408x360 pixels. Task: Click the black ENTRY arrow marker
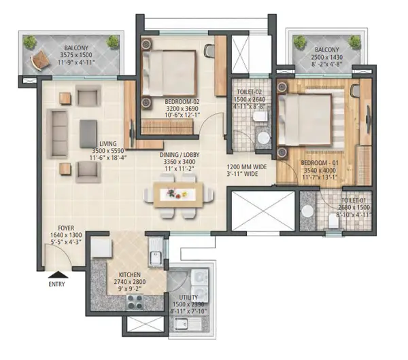coord(58,274)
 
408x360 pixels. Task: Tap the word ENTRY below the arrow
coord(56,284)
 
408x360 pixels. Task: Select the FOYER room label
coord(66,228)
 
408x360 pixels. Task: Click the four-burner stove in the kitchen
coord(135,302)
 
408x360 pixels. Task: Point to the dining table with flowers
coord(178,195)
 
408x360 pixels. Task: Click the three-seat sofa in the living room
coord(57,134)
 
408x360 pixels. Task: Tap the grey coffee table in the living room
coord(88,134)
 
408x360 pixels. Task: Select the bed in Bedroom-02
coord(169,73)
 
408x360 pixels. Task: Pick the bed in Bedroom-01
coord(305,120)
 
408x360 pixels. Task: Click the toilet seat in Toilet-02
coord(260,117)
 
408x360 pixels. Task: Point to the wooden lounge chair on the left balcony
coord(40,60)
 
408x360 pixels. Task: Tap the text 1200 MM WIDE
coord(247,167)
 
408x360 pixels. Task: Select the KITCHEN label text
coord(130,274)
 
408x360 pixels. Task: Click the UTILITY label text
coord(188,298)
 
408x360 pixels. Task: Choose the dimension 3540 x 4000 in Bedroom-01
coord(320,170)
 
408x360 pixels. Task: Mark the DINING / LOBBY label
coord(180,155)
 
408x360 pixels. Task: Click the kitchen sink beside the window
coord(156,251)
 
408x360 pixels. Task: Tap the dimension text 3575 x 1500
coord(76,55)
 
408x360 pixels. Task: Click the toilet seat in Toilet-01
coord(334,221)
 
